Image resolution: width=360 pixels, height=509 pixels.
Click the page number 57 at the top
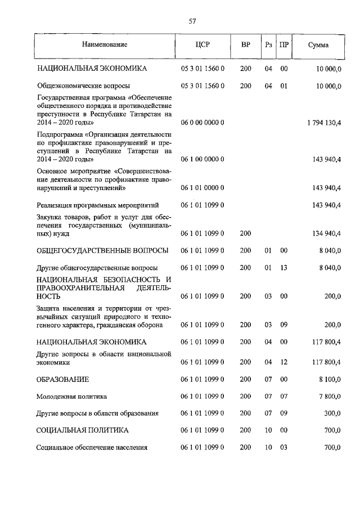point(192,21)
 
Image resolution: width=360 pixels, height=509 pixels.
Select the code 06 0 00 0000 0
point(202,122)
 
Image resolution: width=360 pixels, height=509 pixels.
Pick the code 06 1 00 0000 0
point(202,159)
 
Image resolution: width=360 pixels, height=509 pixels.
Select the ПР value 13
point(284,267)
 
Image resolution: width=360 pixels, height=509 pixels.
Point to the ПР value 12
point(284,363)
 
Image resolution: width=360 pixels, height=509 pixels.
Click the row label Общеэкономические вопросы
point(83,86)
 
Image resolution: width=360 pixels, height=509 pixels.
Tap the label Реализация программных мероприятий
point(97,205)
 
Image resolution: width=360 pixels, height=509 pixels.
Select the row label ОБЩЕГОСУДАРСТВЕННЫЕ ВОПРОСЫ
point(102,250)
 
